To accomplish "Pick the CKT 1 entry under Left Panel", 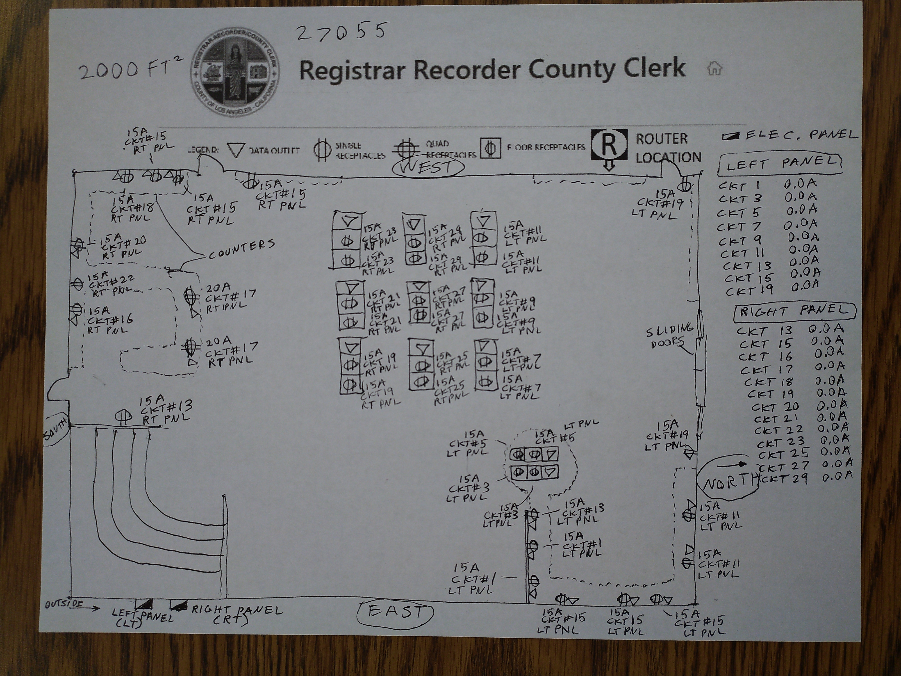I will (739, 186).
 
